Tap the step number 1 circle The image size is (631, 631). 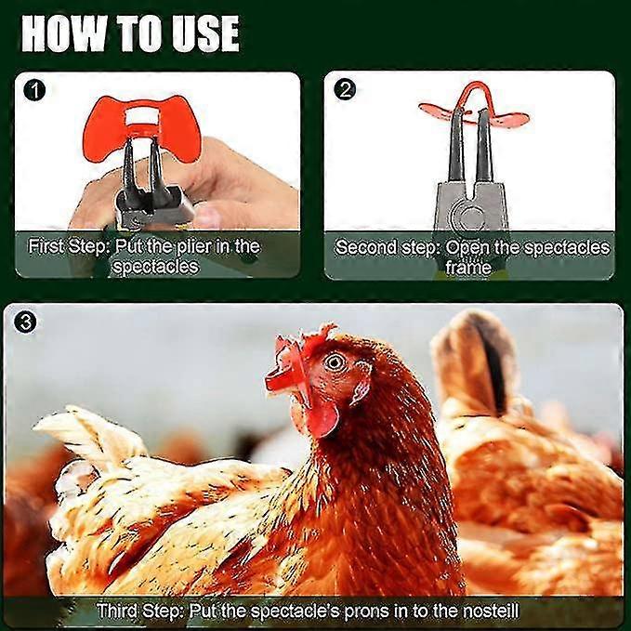(x=34, y=91)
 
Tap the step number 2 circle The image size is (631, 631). (x=345, y=91)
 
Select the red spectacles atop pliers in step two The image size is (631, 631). (x=472, y=107)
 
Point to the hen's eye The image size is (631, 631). (x=335, y=362)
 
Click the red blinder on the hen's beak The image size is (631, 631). (x=285, y=370)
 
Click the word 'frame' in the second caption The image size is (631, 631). (x=468, y=268)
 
